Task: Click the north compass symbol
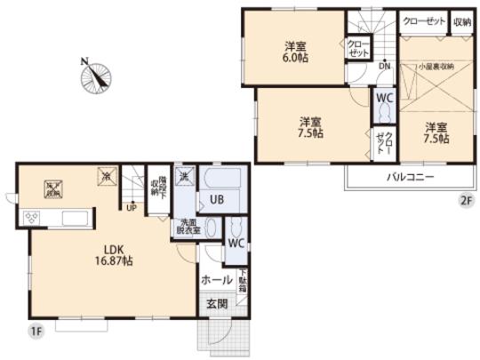(x=96, y=76)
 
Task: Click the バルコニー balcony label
(x=409, y=177)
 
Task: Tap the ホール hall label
(x=217, y=279)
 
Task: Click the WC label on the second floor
(x=384, y=97)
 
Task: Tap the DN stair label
(x=384, y=65)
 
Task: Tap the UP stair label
(x=132, y=209)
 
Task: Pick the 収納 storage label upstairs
(x=462, y=20)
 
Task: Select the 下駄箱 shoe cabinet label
(x=242, y=283)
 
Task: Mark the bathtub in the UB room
(x=216, y=183)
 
